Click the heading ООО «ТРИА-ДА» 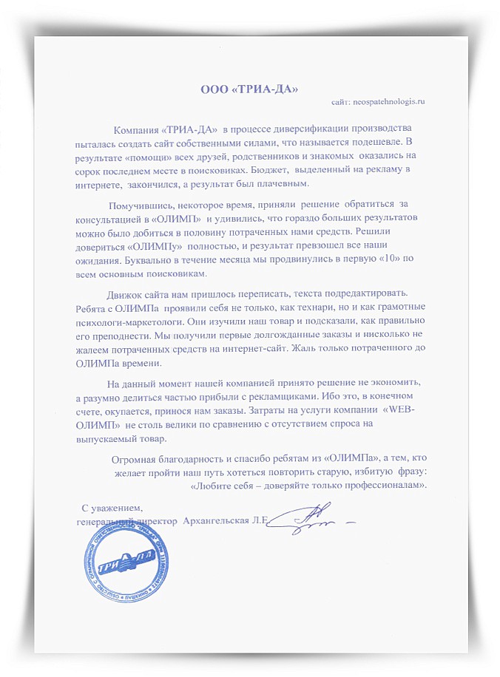click(249, 90)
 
